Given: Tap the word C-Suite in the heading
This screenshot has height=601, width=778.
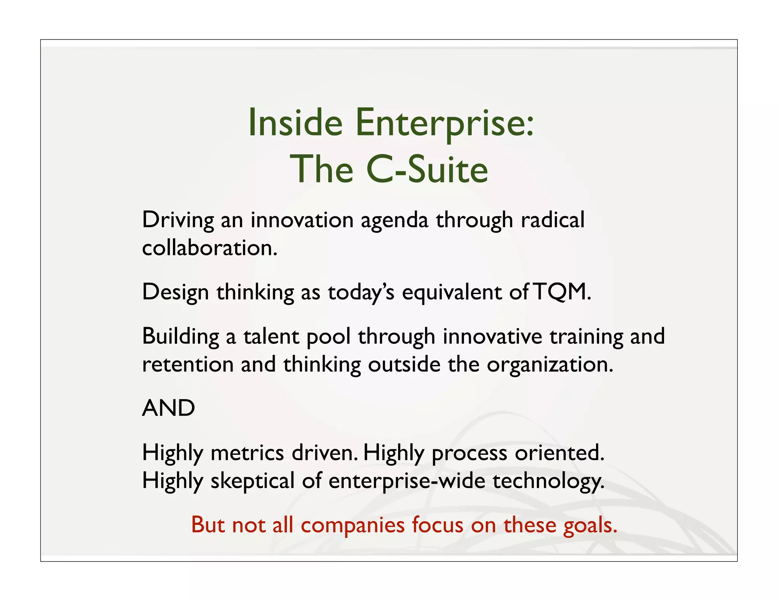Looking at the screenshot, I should coord(427,169).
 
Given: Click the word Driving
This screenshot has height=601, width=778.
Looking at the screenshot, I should coord(178,220).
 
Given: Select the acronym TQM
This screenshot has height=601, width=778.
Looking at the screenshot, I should coord(562,292).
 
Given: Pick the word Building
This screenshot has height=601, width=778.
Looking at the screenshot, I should coord(180,337).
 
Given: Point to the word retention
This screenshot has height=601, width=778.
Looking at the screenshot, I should coord(188,364).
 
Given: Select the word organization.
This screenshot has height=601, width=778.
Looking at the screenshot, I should coord(550,365).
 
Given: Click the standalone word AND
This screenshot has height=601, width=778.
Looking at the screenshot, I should coord(168,408).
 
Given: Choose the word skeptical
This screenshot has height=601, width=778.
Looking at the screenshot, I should coord(252,481).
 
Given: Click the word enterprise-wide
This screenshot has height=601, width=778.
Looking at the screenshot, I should coord(407,481).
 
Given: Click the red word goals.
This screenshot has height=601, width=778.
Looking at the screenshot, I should coord(590,526).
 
